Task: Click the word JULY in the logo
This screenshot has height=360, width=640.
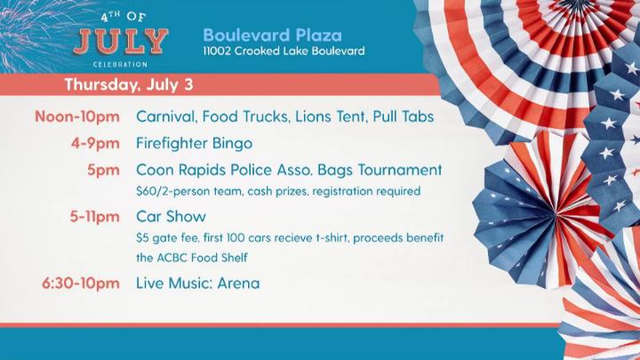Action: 120,42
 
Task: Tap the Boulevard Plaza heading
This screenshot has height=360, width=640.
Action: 272,35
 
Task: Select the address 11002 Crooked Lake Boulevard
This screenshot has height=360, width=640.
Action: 284,51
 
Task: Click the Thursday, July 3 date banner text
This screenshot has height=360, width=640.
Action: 129,85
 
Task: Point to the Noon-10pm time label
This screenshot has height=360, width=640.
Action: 77,116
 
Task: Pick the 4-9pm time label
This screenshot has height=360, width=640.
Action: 95,143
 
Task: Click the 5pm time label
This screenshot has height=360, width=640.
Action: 103,170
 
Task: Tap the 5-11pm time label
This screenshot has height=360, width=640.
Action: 94,217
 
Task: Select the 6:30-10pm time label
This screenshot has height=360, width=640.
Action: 81,284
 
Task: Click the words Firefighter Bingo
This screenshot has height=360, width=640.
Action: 195,143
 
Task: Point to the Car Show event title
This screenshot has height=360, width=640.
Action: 171,217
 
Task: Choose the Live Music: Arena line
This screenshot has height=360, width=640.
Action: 198,284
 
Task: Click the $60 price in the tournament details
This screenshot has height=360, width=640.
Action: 145,191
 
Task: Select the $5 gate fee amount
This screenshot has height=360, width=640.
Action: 142,238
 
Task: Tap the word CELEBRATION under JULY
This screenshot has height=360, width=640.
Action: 120,65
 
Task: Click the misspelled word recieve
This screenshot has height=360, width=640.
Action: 294,238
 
